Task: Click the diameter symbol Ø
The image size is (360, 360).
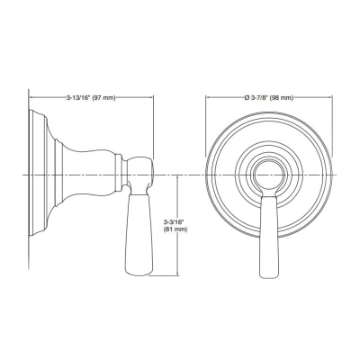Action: coord(227,96)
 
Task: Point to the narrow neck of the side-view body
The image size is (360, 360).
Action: coord(90,171)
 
